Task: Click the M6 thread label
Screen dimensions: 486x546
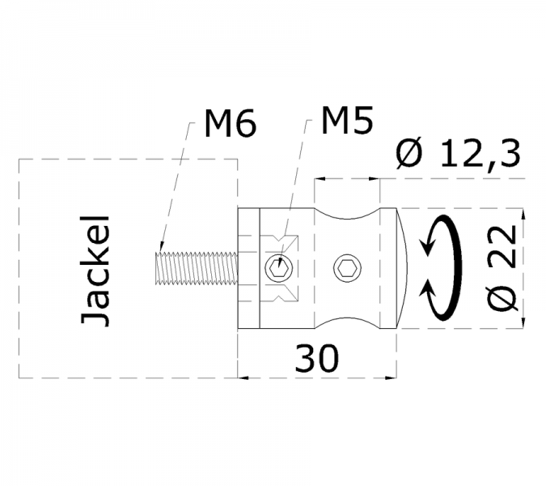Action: point(231,124)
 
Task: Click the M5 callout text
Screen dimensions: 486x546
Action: point(347,121)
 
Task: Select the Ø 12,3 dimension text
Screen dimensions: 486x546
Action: point(457,153)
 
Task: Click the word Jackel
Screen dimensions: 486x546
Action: point(96,270)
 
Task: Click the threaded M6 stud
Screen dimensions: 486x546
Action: point(195,268)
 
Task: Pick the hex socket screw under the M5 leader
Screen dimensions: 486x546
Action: point(278,266)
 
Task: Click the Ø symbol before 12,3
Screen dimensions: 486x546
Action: point(410,153)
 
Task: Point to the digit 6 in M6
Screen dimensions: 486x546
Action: point(246,124)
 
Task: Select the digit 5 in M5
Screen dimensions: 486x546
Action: point(362,121)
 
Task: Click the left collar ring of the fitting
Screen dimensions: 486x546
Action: point(248,267)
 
